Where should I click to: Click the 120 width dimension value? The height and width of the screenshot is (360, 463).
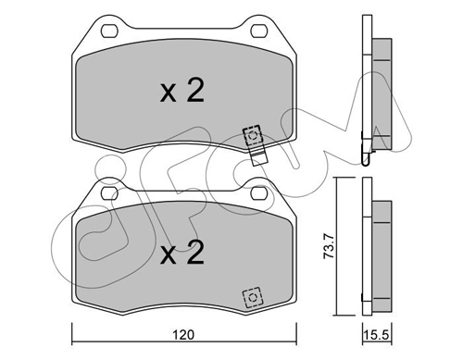[x=183, y=335]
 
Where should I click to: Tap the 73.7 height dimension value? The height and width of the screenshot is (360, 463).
[x=328, y=246]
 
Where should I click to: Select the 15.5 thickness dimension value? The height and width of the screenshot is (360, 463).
[x=376, y=335]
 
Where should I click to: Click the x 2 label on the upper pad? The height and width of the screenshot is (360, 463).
[x=182, y=90]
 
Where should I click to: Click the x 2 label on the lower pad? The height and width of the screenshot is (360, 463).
[x=182, y=253]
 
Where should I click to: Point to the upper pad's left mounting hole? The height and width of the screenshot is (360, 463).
[x=109, y=31]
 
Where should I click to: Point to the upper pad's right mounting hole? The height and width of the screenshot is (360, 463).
[x=258, y=31]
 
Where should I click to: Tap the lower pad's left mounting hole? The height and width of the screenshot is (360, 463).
[x=109, y=193]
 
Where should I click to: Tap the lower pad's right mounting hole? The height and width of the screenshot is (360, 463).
[x=258, y=193]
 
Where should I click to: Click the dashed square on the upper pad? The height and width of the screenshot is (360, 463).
[x=253, y=135]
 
